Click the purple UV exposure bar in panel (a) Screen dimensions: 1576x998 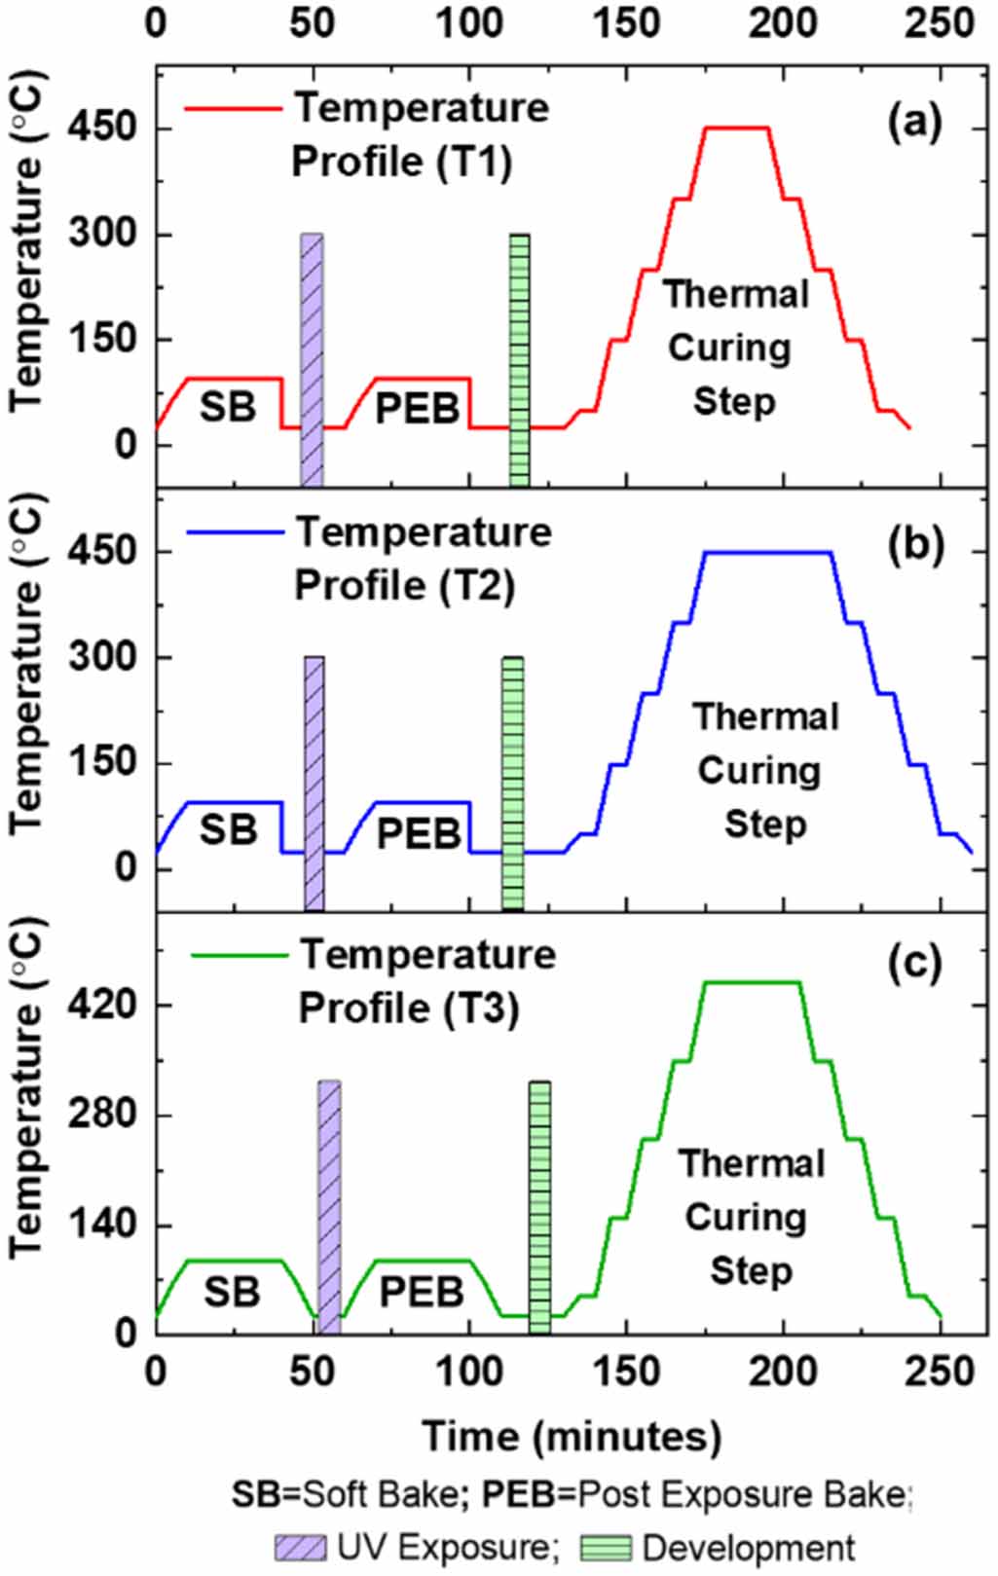(312, 360)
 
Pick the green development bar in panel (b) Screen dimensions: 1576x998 (513, 784)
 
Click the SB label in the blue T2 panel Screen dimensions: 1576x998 (228, 830)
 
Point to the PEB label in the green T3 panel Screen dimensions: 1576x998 (421, 1293)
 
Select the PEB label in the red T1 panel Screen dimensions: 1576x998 (417, 409)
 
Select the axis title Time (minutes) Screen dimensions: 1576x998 (572, 1436)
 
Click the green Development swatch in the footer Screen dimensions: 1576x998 (606, 1548)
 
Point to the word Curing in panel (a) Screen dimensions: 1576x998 (729, 348)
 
